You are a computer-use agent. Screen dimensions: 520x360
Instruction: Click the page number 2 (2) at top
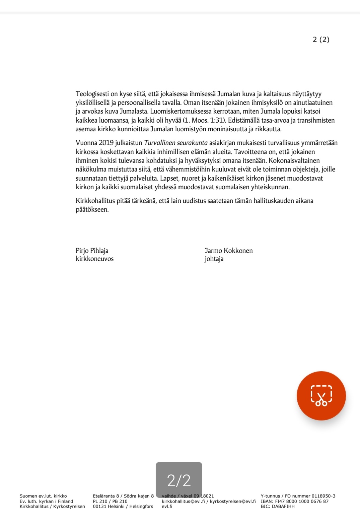click(x=321, y=40)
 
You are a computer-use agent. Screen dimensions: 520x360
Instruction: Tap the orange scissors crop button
click(x=321, y=396)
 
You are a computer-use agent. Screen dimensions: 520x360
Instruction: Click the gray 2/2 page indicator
click(x=179, y=480)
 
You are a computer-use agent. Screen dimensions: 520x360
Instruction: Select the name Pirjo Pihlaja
click(x=92, y=251)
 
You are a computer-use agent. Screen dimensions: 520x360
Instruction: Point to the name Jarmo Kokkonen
click(x=229, y=251)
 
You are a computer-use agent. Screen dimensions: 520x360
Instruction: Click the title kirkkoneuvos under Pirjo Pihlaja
click(x=95, y=259)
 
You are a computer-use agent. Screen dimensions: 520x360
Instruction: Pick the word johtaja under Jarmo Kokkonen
click(x=214, y=259)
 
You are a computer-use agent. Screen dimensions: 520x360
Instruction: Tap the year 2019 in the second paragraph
click(x=106, y=143)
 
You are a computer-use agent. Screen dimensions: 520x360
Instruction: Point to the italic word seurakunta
click(x=192, y=143)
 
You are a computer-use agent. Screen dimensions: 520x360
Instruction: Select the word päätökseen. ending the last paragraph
click(x=92, y=210)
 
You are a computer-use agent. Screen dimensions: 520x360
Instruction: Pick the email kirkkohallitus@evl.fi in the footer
click(x=183, y=501)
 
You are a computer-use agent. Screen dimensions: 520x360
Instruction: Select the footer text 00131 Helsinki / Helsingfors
click(x=123, y=506)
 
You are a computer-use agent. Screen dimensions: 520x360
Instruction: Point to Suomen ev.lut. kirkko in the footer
click(x=43, y=496)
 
